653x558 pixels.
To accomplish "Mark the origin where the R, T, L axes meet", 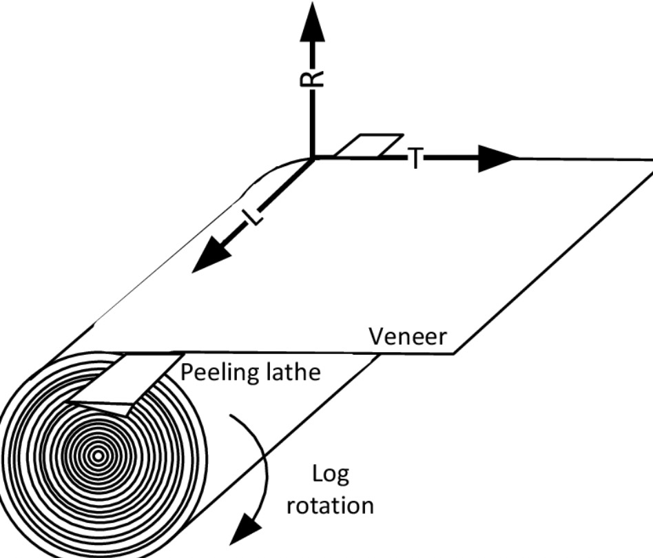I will click(313, 158).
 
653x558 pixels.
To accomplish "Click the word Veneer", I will click(408, 338).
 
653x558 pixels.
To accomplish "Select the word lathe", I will click(295, 372).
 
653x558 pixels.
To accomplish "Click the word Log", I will click(331, 475).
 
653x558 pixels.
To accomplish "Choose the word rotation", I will click(330, 505).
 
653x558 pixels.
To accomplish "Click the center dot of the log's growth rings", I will click(98, 455).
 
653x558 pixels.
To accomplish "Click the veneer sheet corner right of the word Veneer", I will click(454, 353).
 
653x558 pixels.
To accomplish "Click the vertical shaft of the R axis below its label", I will click(313, 124).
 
